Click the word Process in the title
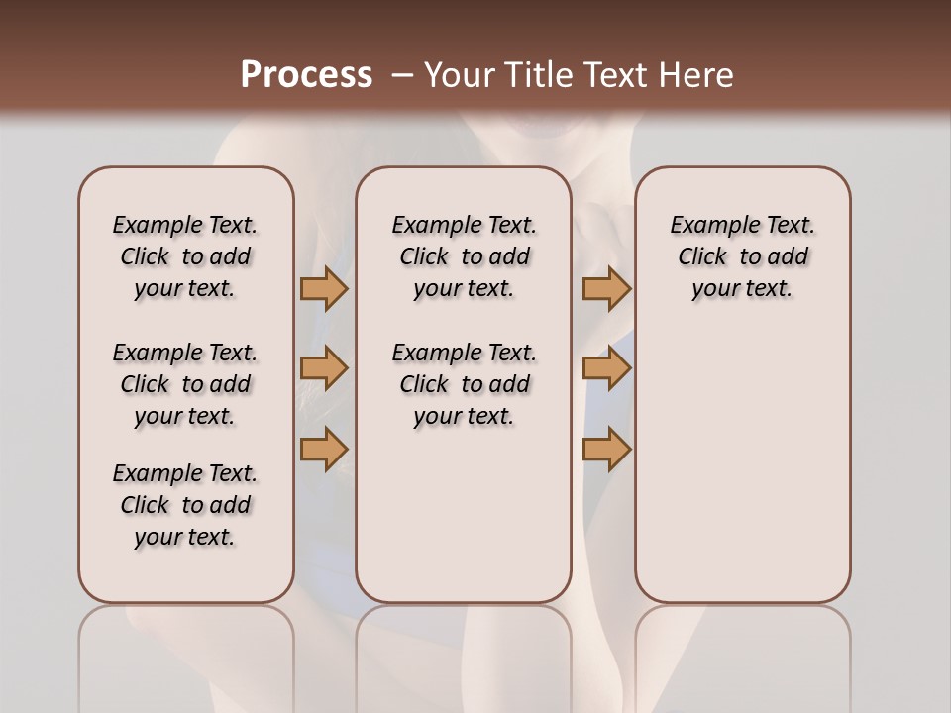pos(306,75)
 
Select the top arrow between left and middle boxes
pos(324,288)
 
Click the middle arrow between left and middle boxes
pos(324,368)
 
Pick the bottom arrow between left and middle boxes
pos(324,449)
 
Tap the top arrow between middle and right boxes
pos(606,288)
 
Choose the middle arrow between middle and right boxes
pos(606,368)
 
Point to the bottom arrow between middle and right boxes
pos(606,449)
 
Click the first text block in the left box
pos(185,256)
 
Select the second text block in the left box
pos(185,384)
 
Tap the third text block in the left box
pos(185,505)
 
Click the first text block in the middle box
pos(464,256)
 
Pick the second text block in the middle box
pos(464,384)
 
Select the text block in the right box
pos(742,256)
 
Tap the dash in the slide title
pos(402,75)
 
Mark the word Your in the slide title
pos(456,75)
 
